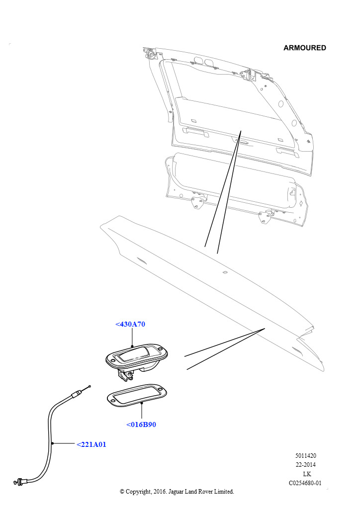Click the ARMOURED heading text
click(x=304, y=48)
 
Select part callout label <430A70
click(x=130, y=324)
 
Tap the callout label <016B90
click(x=141, y=424)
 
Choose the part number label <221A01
click(x=91, y=444)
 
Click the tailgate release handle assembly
click(x=136, y=361)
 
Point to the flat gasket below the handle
click(x=137, y=394)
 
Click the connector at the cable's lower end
click(x=19, y=481)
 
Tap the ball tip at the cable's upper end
click(x=90, y=386)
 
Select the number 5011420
click(x=305, y=455)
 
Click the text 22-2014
click(x=305, y=465)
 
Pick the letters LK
click(x=307, y=474)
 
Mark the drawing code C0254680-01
click(x=305, y=483)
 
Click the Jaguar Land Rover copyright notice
click(x=177, y=492)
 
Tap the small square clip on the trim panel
click(x=224, y=272)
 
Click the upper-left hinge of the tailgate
click(x=150, y=53)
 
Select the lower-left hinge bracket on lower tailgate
click(x=197, y=201)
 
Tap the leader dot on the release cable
click(x=52, y=443)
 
